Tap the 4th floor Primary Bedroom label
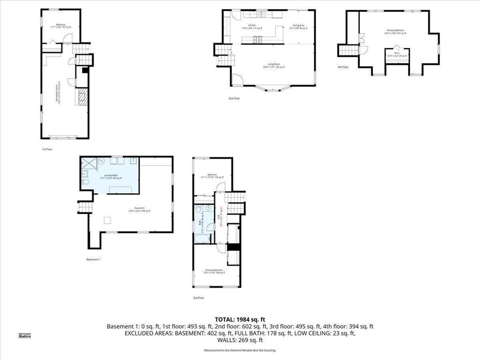pyautogui.click(x=395, y=31)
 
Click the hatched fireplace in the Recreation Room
pyautogui.click(x=82, y=97)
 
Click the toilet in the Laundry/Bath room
pyautogui.click(x=86, y=182)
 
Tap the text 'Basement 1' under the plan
pyautogui.click(x=93, y=259)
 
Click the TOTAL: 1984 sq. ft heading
pyautogui.click(x=240, y=319)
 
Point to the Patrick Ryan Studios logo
pyautogui.click(x=24, y=335)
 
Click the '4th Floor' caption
pyautogui.click(x=343, y=67)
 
